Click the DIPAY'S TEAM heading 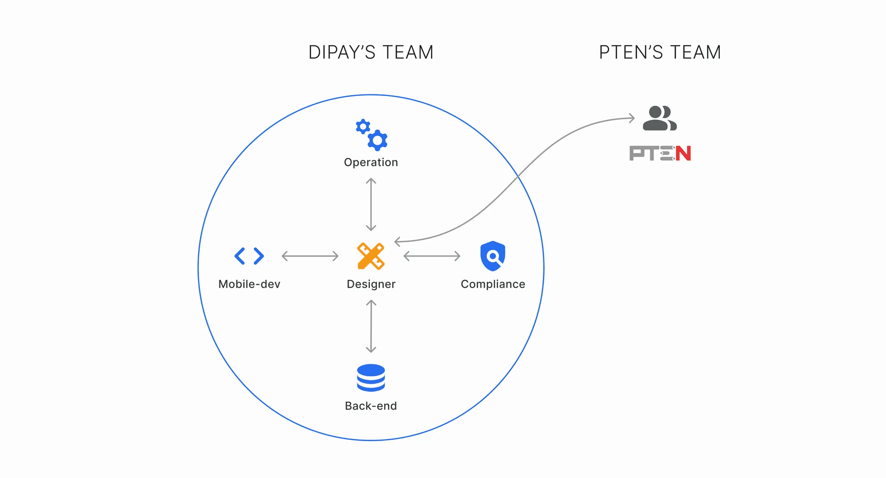(x=371, y=52)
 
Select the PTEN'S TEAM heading (x=660, y=52)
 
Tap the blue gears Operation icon (x=372, y=135)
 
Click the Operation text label (x=371, y=162)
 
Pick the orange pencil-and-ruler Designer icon (x=371, y=256)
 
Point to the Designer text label (x=371, y=284)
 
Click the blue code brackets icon (x=249, y=256)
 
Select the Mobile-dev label (x=249, y=284)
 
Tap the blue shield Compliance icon (x=493, y=256)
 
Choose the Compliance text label (x=493, y=284)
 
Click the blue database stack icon (x=371, y=378)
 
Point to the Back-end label (x=371, y=406)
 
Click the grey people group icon (x=659, y=118)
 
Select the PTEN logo (x=660, y=153)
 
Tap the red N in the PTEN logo (x=683, y=153)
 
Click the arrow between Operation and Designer (x=371, y=204)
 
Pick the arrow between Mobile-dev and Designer (x=310, y=256)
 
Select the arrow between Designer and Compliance (x=432, y=256)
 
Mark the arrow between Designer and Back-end (x=371, y=326)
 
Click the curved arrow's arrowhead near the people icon (x=632, y=118)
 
